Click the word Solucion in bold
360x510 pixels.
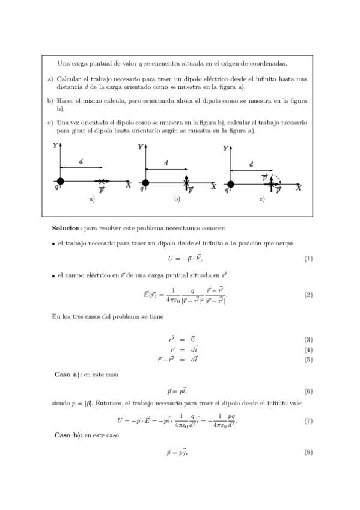67,229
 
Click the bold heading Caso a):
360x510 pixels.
67,374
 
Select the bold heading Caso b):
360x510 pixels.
67,434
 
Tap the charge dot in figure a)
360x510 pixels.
60,180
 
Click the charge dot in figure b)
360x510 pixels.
145,183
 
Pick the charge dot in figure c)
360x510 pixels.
230,185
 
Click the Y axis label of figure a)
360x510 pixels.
55,145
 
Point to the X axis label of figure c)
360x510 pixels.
299,188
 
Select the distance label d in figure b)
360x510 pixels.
166,162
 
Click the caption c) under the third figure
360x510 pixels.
262,200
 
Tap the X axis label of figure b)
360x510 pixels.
213,187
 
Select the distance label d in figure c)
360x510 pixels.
251,164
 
